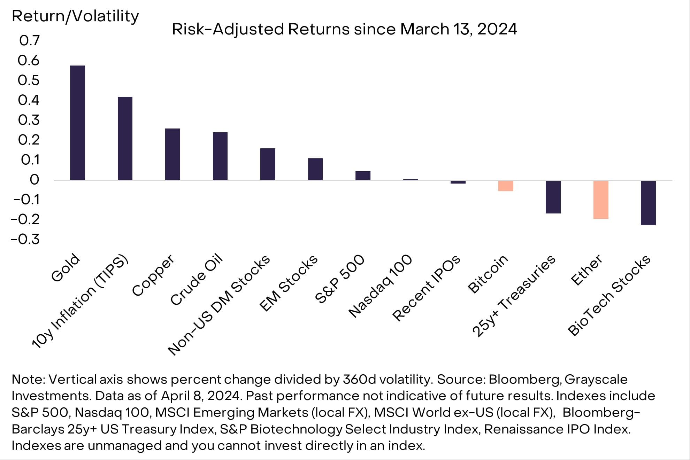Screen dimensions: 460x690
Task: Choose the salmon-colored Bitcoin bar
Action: tap(506, 186)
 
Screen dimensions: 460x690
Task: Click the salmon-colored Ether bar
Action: tap(601, 200)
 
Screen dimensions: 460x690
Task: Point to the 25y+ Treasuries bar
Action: tap(553, 197)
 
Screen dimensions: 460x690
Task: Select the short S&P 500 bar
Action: tap(363, 176)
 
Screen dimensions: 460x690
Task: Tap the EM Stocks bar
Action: tap(315, 169)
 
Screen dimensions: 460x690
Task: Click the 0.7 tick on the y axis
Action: tap(29, 41)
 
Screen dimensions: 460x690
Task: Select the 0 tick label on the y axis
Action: tap(34, 180)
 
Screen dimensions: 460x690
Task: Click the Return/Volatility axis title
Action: tap(75, 16)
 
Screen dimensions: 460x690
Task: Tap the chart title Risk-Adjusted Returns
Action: tap(344, 29)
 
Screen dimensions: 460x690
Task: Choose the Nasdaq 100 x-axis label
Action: tap(381, 286)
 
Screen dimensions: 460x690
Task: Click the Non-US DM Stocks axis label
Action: tap(219, 305)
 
